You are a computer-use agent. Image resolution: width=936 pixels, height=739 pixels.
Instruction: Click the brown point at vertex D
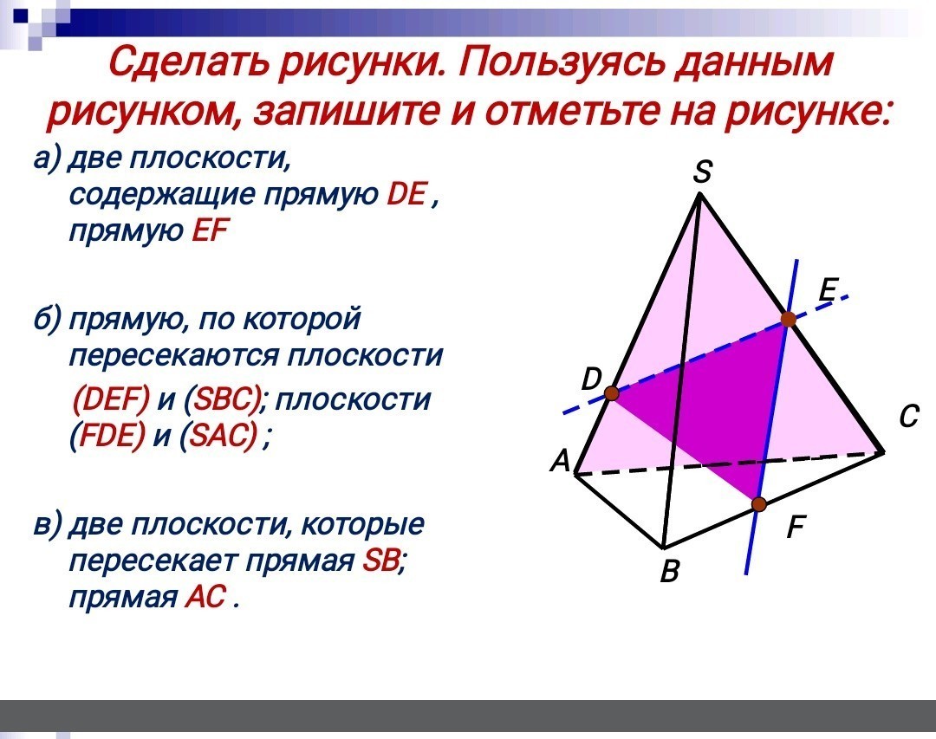(611, 392)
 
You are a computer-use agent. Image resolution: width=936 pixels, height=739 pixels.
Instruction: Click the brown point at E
(789, 320)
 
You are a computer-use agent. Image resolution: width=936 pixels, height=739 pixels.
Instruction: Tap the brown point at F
(758, 504)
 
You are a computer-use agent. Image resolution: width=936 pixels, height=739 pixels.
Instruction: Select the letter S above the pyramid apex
(703, 172)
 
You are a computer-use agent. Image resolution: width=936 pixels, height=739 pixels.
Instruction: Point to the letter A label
(561, 461)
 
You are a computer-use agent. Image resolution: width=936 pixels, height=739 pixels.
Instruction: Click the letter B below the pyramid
(670, 571)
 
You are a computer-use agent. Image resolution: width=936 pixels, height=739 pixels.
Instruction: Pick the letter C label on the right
(908, 417)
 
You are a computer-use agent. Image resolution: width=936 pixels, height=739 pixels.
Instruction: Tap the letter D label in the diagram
(592, 379)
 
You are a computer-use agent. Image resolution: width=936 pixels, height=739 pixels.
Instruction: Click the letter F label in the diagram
(796, 527)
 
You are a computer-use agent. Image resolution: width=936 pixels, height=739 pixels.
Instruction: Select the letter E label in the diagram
(829, 290)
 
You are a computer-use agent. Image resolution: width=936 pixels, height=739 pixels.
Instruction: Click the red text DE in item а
(406, 194)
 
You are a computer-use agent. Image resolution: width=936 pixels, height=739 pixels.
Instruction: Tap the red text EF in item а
(210, 230)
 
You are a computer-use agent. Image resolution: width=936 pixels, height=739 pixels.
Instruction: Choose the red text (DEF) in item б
(110, 399)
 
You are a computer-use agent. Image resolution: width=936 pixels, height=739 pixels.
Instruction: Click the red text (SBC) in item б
(224, 399)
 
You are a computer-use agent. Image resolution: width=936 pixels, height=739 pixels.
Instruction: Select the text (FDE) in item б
(107, 436)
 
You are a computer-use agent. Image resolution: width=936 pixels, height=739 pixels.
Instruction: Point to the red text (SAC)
(222, 436)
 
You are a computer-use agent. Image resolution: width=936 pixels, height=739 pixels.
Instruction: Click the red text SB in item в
(380, 561)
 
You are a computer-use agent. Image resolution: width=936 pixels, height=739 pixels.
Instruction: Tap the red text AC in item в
(205, 596)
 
